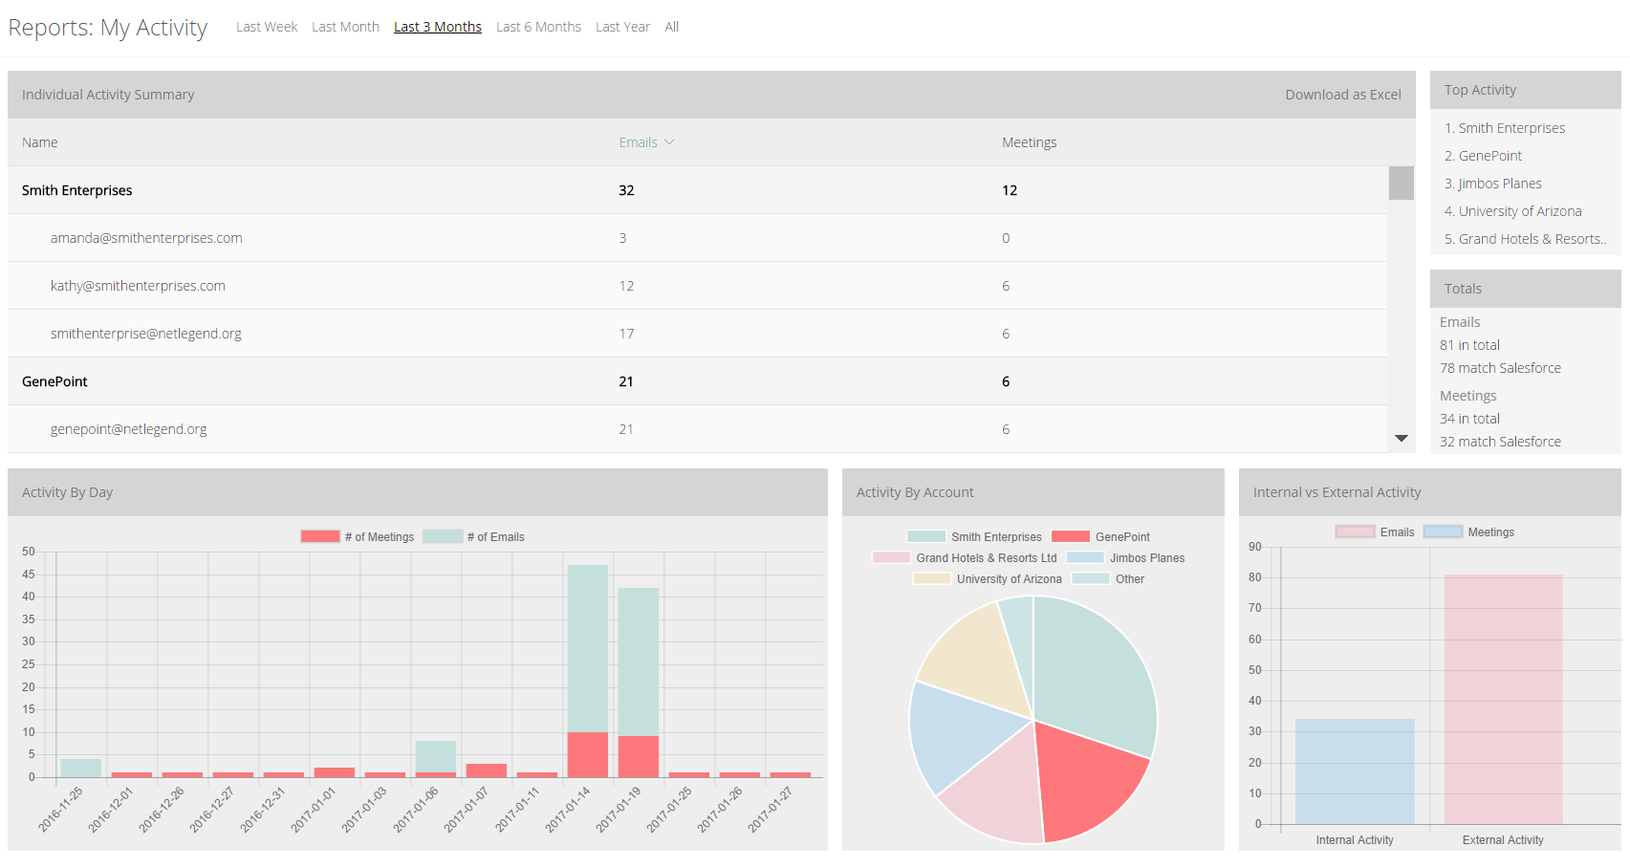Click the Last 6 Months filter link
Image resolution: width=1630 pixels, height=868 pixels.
[538, 27]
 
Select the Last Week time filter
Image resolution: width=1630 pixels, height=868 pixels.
[267, 27]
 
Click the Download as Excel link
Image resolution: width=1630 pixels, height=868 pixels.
[1342, 95]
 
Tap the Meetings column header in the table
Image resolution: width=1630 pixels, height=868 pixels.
[1029, 142]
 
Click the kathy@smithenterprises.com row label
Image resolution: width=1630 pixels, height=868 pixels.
[138, 286]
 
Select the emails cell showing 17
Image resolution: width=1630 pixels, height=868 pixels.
[626, 334]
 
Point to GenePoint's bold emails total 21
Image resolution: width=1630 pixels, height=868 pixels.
[626, 381]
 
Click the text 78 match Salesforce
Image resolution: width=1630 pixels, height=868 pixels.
[1500, 368]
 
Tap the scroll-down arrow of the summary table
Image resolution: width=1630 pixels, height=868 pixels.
[1401, 438]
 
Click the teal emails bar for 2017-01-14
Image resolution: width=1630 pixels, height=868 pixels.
[587, 648]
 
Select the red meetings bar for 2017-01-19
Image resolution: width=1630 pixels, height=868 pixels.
[639, 757]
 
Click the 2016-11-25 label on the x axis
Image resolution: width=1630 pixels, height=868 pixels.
[61, 809]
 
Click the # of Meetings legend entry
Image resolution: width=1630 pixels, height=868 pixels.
[358, 537]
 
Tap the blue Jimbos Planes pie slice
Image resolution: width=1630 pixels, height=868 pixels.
[961, 735]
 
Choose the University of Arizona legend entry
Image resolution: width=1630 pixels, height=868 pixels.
[987, 579]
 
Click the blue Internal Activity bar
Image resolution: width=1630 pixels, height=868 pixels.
[1355, 771]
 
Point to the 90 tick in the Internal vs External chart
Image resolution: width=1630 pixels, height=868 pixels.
[1254, 547]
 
